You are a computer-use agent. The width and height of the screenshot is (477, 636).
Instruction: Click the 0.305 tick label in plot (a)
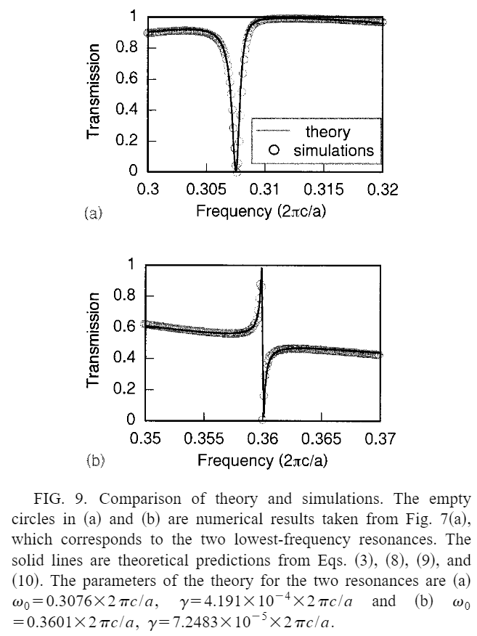(x=206, y=190)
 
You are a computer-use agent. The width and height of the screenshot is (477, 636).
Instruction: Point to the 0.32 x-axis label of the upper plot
(x=383, y=190)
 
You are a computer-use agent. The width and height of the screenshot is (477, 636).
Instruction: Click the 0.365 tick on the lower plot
(x=322, y=439)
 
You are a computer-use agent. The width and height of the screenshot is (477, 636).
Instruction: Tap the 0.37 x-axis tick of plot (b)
(x=380, y=439)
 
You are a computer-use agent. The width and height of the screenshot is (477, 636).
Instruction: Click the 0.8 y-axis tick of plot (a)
(x=128, y=48)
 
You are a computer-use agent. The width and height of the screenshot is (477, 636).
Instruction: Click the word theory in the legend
(x=327, y=132)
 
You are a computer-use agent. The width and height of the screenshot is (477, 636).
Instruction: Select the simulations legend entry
(x=334, y=151)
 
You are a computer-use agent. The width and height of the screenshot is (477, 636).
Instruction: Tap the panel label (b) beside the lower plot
(x=96, y=460)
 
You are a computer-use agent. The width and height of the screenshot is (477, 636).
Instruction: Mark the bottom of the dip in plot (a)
(x=237, y=170)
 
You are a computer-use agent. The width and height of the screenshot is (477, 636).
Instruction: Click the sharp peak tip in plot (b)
(x=261, y=269)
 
